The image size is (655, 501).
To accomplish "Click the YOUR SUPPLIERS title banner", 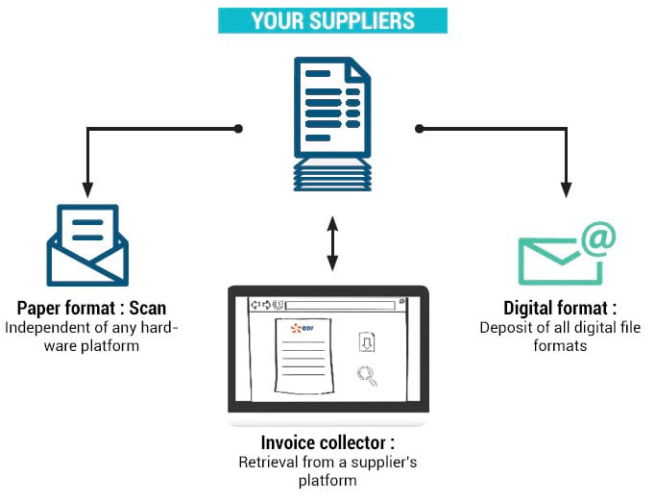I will pyautogui.click(x=332, y=20).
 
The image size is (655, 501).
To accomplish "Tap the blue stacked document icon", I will pyautogui.click(x=330, y=123).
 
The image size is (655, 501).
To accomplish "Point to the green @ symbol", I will pyautogui.click(x=597, y=238).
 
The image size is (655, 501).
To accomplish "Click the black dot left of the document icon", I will pyautogui.click(x=238, y=127).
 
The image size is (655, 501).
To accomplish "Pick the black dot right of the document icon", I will pyautogui.click(x=419, y=127).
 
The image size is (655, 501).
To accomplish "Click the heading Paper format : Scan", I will pyautogui.click(x=91, y=309).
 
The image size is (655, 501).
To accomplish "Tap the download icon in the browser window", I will pyautogui.click(x=366, y=343).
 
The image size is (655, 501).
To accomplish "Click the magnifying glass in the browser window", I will pyautogui.click(x=366, y=376).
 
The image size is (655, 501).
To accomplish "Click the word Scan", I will pyautogui.click(x=148, y=309).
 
